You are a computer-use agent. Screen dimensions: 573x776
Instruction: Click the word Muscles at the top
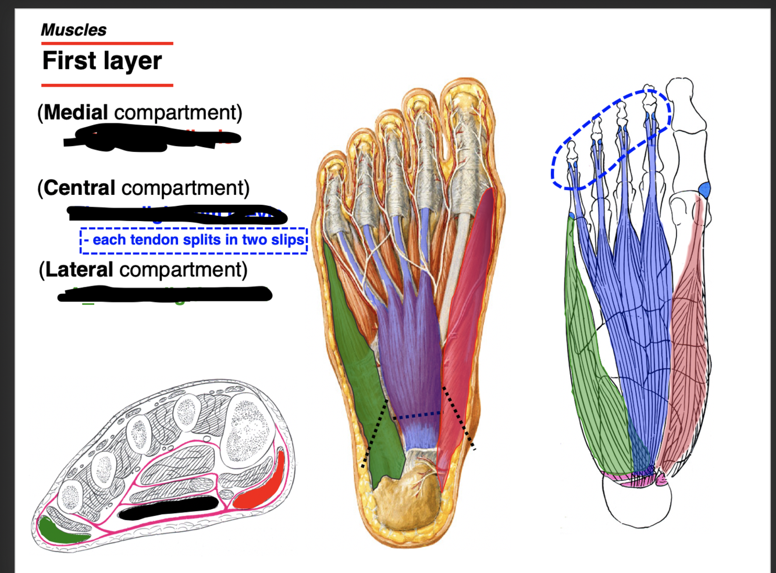(74, 30)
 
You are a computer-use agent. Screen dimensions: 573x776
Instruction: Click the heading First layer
(102, 61)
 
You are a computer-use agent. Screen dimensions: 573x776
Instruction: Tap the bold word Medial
(76, 112)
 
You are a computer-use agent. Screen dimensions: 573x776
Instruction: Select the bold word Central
(79, 188)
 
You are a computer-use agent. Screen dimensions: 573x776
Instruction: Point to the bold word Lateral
(79, 270)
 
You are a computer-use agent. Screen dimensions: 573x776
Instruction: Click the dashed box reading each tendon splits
(194, 240)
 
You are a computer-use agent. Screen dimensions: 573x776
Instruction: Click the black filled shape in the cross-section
(169, 507)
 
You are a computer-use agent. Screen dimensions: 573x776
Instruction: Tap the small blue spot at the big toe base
(704, 190)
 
